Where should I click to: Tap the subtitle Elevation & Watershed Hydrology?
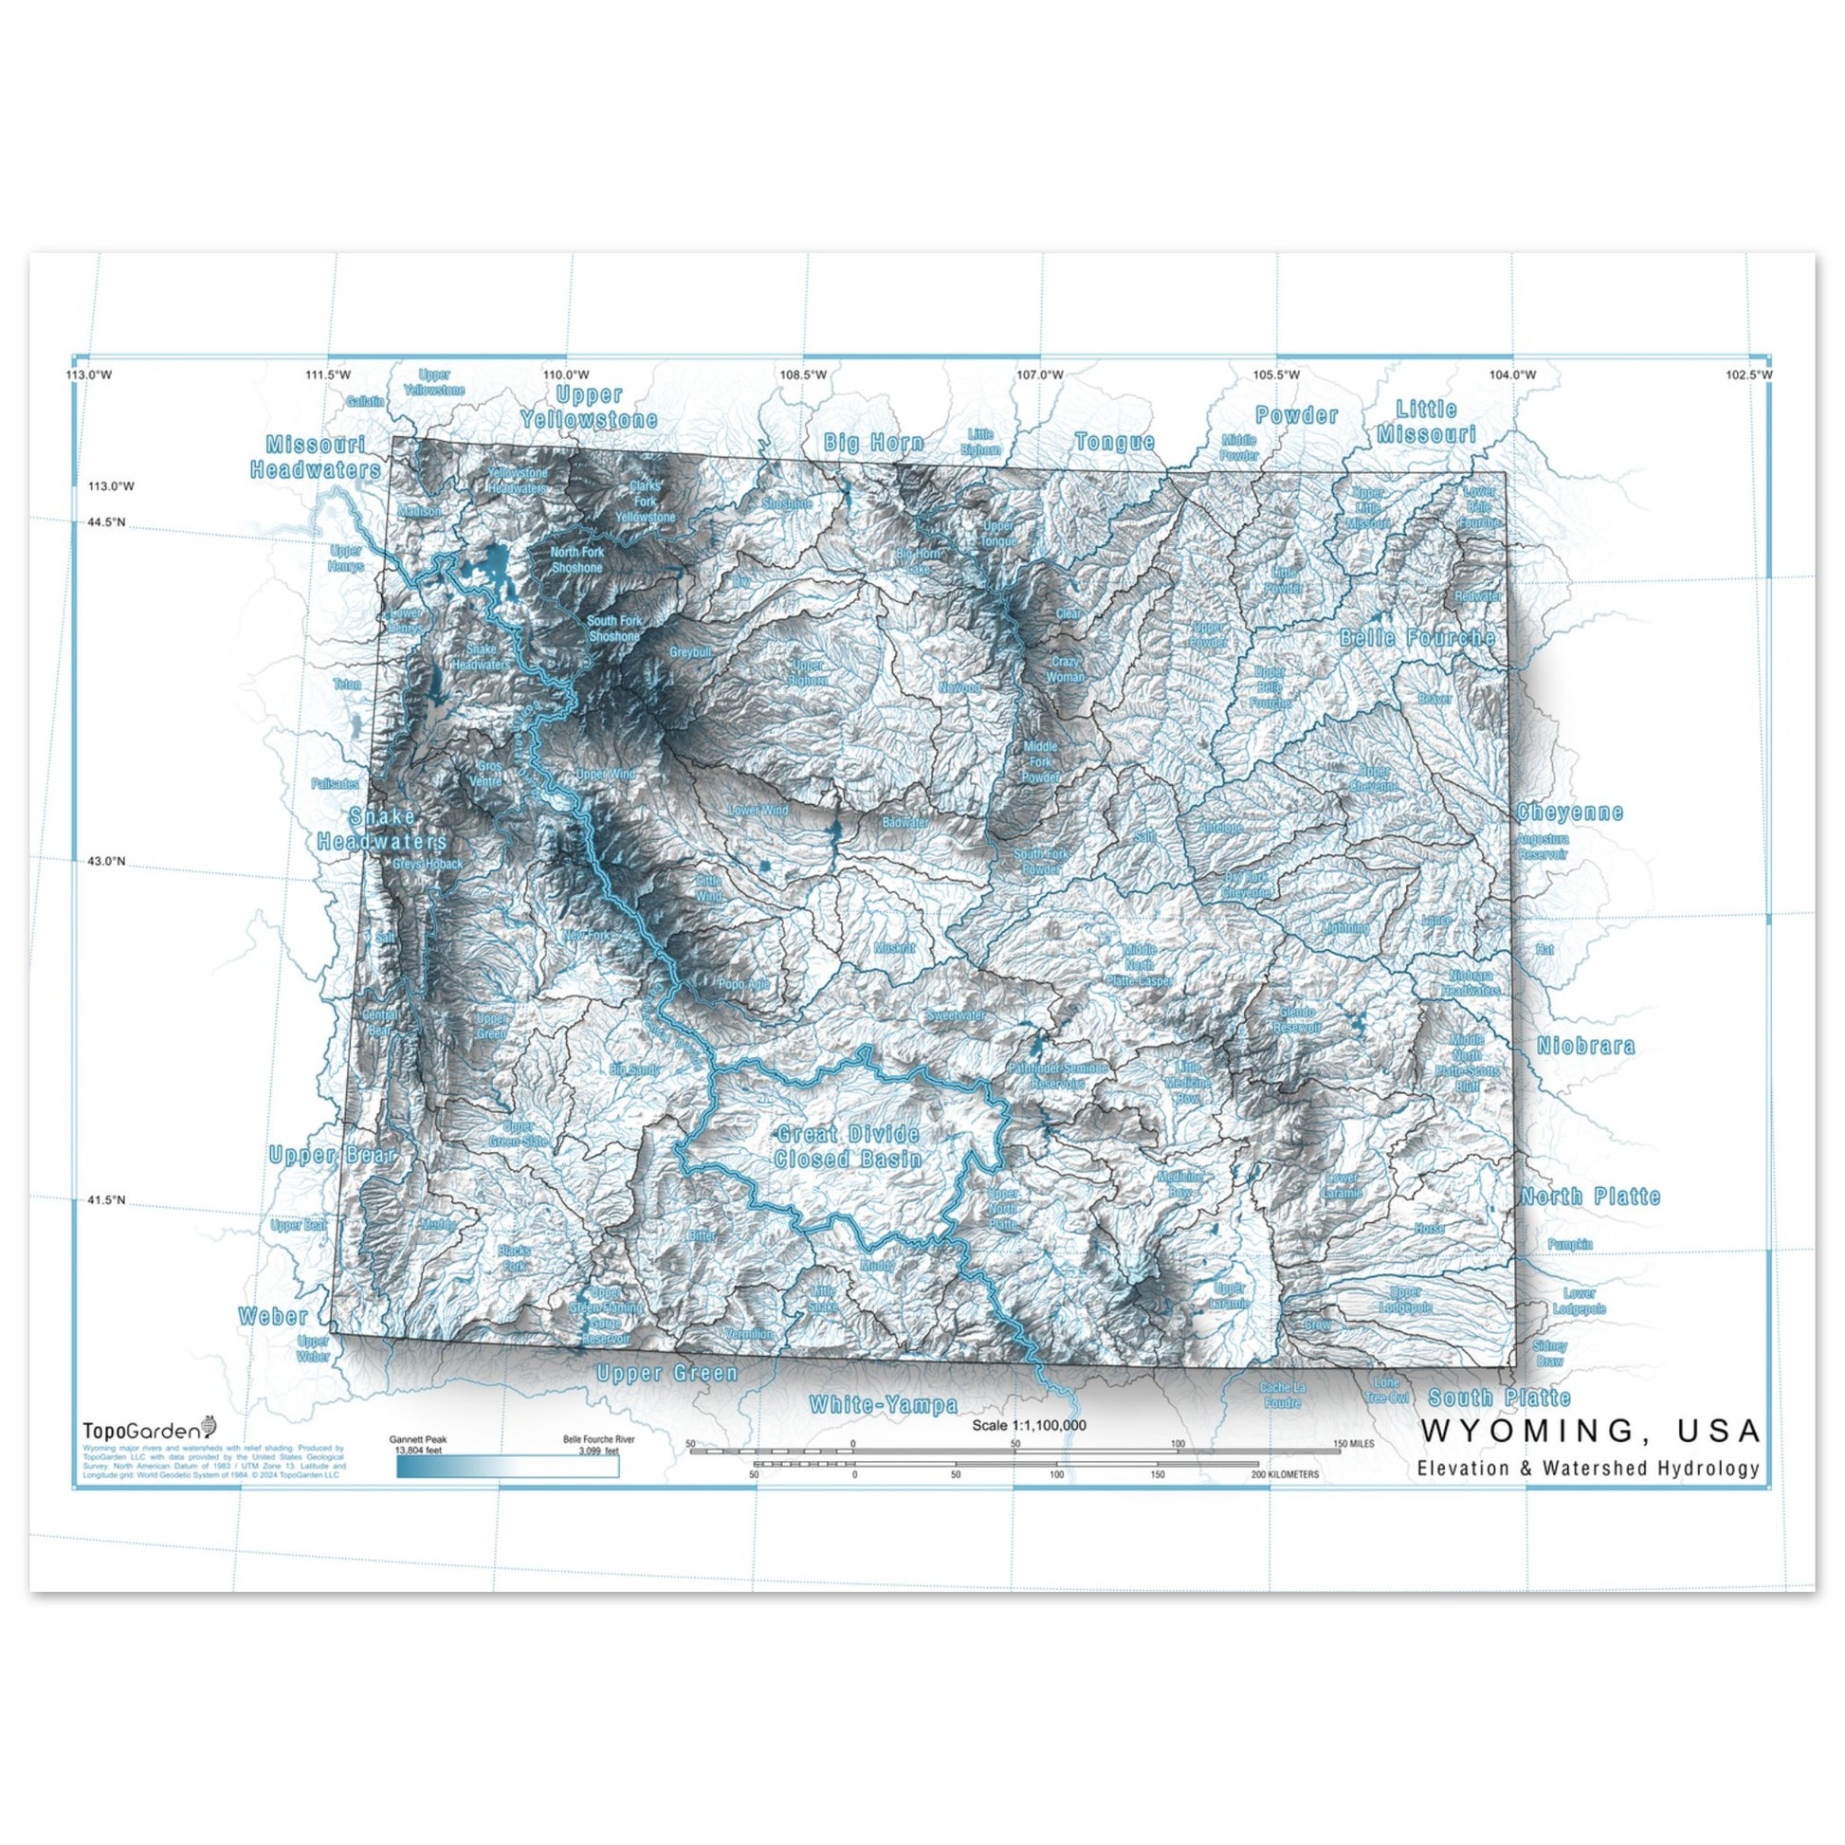[1587, 1468]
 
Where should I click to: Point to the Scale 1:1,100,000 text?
[1029, 1425]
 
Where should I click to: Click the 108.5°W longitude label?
[802, 374]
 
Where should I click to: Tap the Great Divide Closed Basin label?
[847, 1146]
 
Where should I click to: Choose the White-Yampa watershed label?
[883, 1405]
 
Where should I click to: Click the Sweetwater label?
[956, 1015]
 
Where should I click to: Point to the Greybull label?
[690, 652]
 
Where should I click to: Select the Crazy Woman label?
[1067, 668]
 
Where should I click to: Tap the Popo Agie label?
[744, 983]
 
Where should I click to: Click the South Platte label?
[1499, 1398]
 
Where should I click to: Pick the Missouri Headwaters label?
[315, 456]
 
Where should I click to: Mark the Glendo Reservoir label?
[1297, 1020]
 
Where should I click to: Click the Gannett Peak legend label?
[417, 1439]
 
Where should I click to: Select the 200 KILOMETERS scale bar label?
[1286, 1474]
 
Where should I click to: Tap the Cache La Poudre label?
[1282, 1396]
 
